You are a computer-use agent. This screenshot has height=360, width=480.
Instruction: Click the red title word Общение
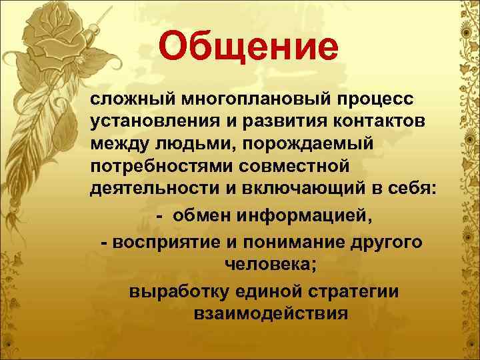[x=249, y=47]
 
